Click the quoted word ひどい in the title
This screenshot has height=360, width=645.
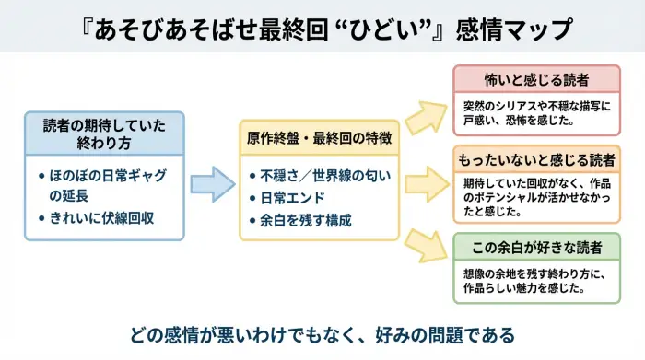pyautogui.click(x=399, y=29)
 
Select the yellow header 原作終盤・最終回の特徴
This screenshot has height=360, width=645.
pyautogui.click(x=319, y=138)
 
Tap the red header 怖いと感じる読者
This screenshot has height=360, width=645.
pyautogui.click(x=536, y=79)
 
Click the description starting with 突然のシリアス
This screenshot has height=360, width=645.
pyautogui.click(x=536, y=113)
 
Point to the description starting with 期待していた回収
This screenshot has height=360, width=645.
pyautogui.click(x=536, y=196)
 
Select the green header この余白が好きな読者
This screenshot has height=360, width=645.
pyautogui.click(x=536, y=248)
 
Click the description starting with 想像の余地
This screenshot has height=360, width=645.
pyautogui.click(x=536, y=281)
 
